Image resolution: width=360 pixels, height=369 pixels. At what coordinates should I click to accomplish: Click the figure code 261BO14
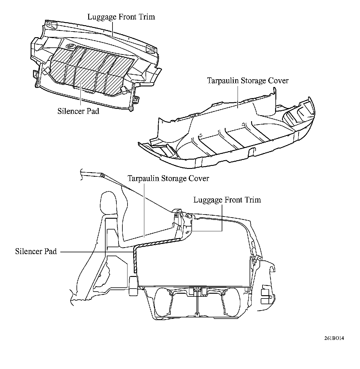(x=334, y=338)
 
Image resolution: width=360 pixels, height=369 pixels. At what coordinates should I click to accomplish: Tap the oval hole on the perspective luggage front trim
(x=70, y=46)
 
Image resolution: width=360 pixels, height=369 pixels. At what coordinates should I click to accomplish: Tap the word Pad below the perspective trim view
(x=92, y=111)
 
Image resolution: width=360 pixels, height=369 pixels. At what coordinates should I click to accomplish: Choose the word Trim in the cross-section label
(x=253, y=200)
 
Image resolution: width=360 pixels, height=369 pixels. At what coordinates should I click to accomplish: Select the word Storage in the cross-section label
(x=174, y=178)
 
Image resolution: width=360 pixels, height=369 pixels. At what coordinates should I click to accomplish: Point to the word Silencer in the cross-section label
(x=28, y=251)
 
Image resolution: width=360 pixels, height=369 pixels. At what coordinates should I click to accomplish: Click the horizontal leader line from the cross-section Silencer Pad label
(x=96, y=251)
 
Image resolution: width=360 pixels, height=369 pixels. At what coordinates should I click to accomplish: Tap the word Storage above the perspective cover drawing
(x=247, y=81)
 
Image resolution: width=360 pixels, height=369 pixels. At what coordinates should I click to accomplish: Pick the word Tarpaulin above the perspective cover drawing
(x=221, y=81)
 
